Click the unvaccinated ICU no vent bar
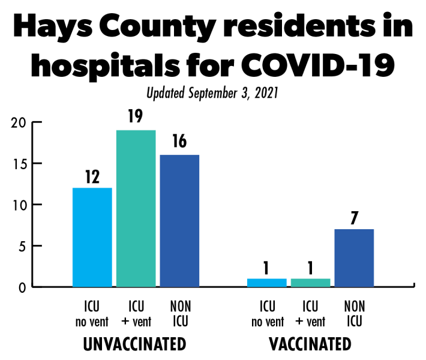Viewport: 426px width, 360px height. click(x=92, y=237)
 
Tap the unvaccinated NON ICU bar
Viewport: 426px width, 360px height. click(x=179, y=220)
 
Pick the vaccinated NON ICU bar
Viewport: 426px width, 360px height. click(x=354, y=257)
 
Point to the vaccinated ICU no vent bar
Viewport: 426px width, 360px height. click(x=266, y=282)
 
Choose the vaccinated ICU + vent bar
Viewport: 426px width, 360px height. click(x=310, y=282)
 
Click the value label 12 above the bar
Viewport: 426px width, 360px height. click(x=92, y=177)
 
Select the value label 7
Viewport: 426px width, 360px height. click(x=354, y=217)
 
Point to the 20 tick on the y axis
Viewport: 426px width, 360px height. click(x=20, y=123)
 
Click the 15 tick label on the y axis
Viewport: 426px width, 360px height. click(x=20, y=164)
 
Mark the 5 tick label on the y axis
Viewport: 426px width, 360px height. click(x=23, y=246)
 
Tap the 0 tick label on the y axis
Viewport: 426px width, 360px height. click(x=23, y=287)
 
